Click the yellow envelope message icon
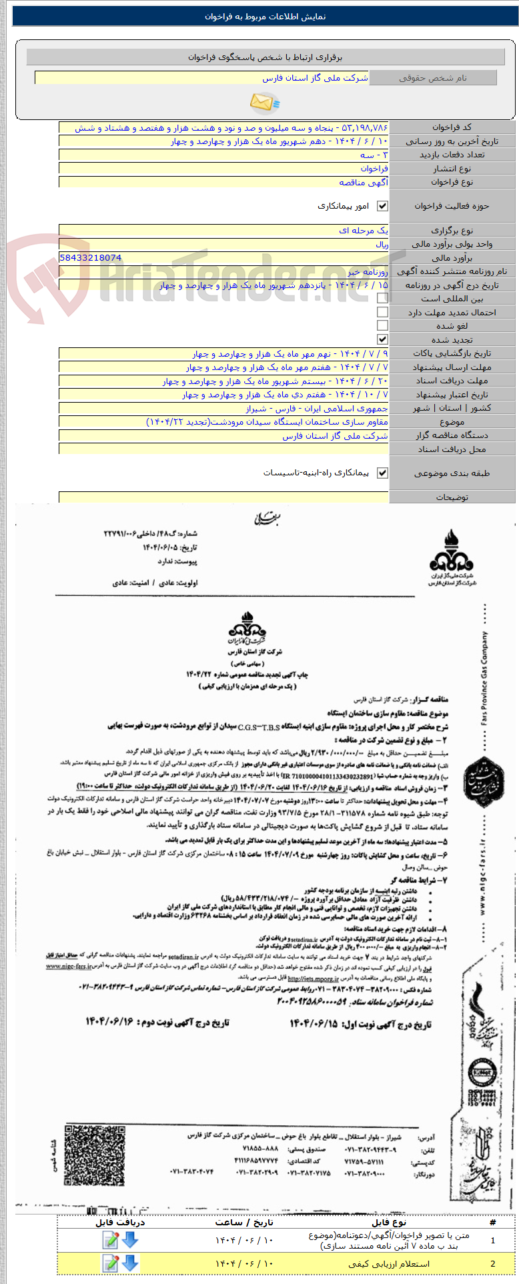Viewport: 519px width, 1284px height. pyautogui.click(x=265, y=103)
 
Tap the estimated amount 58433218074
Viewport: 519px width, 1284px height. pyautogui.click(x=91, y=257)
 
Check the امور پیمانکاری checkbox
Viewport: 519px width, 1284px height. pyautogui.click(x=382, y=207)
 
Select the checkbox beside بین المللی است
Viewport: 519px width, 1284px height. pyautogui.click(x=382, y=299)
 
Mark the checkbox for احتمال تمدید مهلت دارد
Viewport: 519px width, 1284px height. pyautogui.click(x=382, y=312)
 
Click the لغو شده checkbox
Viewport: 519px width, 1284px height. pyautogui.click(x=382, y=325)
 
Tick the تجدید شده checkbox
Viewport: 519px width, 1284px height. pyautogui.click(x=382, y=339)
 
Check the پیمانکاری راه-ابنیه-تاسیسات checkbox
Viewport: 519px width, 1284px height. pyautogui.click(x=382, y=473)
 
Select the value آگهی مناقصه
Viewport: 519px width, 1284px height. pyautogui.click(x=363, y=182)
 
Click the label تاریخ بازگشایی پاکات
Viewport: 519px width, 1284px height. pyautogui.click(x=452, y=353)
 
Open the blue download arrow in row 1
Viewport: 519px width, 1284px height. pyautogui.click(x=130, y=1239)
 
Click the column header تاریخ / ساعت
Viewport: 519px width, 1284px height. pyautogui.click(x=244, y=1222)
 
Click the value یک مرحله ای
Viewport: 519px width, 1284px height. pyautogui.click(x=364, y=230)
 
